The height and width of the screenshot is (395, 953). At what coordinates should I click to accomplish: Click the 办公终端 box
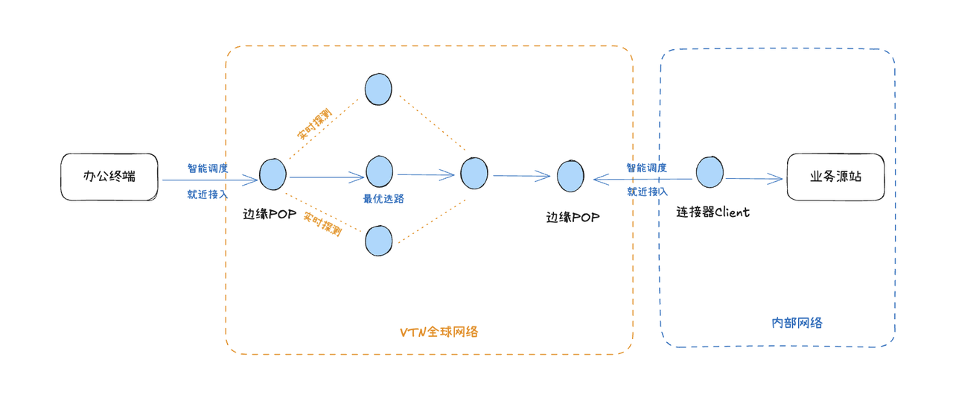pos(109,177)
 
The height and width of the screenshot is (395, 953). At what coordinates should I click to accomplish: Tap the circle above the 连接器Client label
pos(710,173)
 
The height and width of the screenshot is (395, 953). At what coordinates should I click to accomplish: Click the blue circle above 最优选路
pos(379,171)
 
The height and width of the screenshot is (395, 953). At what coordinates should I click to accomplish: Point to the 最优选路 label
pos(383,199)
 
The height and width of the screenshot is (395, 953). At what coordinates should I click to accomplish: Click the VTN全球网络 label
pos(439,332)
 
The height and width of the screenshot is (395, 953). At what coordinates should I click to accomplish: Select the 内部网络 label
pos(797,323)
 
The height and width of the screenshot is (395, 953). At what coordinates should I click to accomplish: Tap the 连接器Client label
pos(713,212)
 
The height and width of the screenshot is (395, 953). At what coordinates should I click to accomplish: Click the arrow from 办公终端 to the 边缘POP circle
pos(208,180)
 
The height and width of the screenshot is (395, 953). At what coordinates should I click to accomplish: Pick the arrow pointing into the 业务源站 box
pos(756,179)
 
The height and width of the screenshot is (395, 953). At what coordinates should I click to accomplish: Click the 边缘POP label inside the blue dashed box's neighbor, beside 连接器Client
pos(573,218)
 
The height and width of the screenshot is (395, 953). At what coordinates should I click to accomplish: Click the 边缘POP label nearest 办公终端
pos(270,215)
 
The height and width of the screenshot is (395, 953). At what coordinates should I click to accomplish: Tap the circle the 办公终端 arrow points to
pos(272,174)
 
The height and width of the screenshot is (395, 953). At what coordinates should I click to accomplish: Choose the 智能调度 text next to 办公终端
pos(208,168)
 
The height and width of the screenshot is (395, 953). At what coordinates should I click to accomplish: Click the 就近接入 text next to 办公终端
pos(208,194)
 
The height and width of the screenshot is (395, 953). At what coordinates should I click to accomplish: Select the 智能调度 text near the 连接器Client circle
pos(646,168)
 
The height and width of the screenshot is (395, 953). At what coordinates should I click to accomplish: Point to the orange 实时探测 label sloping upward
pos(315,124)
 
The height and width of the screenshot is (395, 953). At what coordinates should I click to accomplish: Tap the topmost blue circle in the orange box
pos(378,89)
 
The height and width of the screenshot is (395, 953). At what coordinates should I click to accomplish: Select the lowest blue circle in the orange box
pos(378,241)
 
